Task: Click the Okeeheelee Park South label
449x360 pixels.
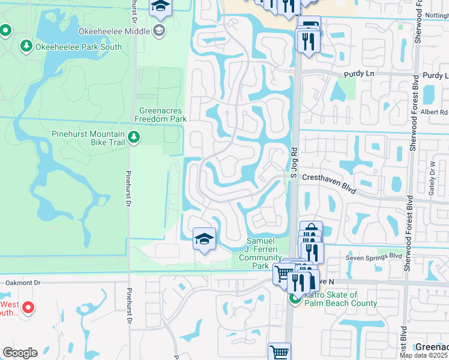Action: pyautogui.click(x=79, y=47)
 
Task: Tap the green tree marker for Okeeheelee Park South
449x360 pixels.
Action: pyautogui.click(x=26, y=46)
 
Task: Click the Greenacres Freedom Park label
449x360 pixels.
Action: pyautogui.click(x=163, y=115)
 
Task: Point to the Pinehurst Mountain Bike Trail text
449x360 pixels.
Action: pyautogui.click(x=88, y=138)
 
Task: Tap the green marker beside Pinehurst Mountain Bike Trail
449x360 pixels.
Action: pyautogui.click(x=134, y=139)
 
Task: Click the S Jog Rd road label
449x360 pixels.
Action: pyautogui.click(x=294, y=164)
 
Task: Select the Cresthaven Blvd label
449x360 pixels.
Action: pyautogui.click(x=329, y=178)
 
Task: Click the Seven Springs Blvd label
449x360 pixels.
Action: pyautogui.click(x=373, y=256)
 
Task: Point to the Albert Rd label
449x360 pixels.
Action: pyautogui.click(x=435, y=112)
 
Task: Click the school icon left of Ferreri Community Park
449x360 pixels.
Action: pyautogui.click(x=204, y=239)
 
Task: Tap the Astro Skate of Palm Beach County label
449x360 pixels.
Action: pyautogui.click(x=340, y=299)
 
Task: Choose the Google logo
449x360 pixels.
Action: pyautogui.click(x=20, y=352)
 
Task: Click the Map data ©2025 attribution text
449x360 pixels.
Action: pyautogui.click(x=423, y=355)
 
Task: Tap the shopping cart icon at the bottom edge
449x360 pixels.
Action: pyautogui.click(x=280, y=352)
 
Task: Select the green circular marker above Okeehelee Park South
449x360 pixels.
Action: pyautogui.click(x=6, y=29)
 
